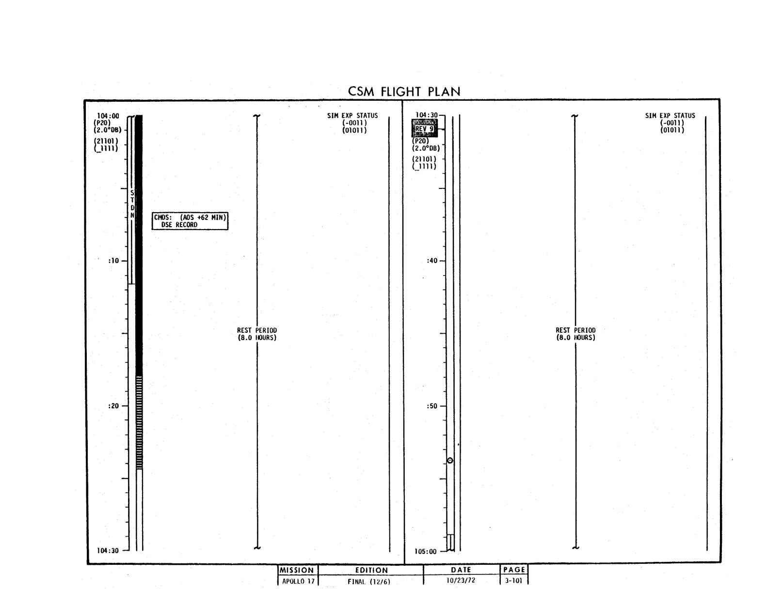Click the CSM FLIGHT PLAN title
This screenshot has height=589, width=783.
(x=404, y=92)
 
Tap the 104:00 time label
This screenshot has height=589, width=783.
(x=108, y=116)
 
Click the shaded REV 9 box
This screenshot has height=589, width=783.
(x=425, y=128)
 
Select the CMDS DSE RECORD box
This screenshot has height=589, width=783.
(x=190, y=221)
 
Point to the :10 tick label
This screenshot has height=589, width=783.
(x=113, y=261)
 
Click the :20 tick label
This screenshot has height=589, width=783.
(x=113, y=406)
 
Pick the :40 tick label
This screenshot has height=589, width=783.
(x=432, y=261)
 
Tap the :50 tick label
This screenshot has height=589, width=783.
(x=432, y=406)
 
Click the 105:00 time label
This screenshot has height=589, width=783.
(x=426, y=552)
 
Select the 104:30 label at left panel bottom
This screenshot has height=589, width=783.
(x=108, y=551)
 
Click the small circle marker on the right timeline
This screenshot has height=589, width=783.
(x=450, y=460)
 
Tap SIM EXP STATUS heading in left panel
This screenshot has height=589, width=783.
(x=352, y=115)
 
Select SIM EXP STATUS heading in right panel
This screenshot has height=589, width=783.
(x=670, y=115)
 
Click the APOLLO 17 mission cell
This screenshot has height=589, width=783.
(x=298, y=581)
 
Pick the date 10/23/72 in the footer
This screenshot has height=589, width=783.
(x=461, y=580)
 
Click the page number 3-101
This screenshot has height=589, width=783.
(x=513, y=580)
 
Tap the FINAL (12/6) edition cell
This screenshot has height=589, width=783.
(x=369, y=582)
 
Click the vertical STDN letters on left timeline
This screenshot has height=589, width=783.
(x=132, y=204)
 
